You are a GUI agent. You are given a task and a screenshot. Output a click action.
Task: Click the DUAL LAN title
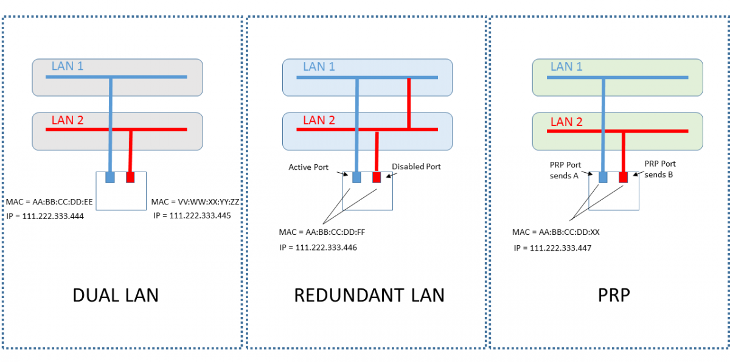click(116, 295)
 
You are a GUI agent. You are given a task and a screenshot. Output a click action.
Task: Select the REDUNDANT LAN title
click(369, 295)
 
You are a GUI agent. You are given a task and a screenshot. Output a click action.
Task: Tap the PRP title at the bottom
click(613, 295)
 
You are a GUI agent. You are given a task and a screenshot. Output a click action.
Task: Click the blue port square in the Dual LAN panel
click(110, 178)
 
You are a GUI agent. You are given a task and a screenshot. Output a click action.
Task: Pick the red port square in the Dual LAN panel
click(130, 178)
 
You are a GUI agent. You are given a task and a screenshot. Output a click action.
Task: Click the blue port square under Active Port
click(356, 178)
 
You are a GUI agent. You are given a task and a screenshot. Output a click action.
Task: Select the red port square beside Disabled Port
click(377, 178)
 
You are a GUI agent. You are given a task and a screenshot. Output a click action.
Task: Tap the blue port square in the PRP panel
click(603, 177)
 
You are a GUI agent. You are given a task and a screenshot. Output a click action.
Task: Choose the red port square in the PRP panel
click(623, 177)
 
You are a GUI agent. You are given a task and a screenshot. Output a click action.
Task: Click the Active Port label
click(308, 166)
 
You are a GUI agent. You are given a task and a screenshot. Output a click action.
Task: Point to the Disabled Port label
click(416, 166)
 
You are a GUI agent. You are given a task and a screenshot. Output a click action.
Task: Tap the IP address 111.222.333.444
click(46, 215)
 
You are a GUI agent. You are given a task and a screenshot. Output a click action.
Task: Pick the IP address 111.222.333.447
click(552, 248)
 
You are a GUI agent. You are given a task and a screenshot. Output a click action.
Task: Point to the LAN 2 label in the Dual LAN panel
click(68, 120)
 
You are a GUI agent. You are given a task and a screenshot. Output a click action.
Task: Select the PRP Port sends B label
click(660, 169)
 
